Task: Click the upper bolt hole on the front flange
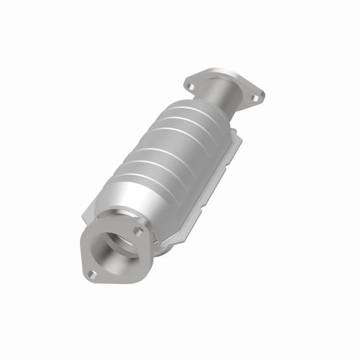click(137, 231)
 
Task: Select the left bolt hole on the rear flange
click(190, 86)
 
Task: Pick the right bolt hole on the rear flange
click(255, 98)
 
